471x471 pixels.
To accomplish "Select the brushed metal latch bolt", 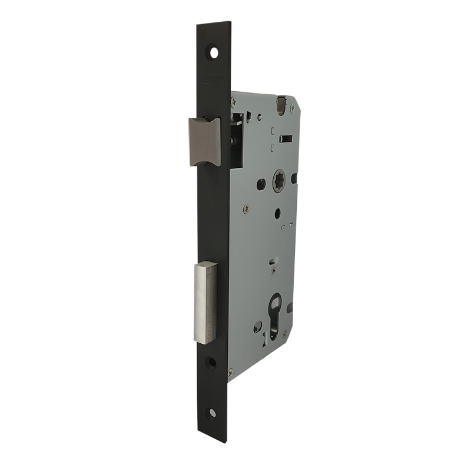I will (x=203, y=141).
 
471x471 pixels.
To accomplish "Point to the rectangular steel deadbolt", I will (x=204, y=302).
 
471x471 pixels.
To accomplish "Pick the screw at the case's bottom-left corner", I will (x=230, y=372).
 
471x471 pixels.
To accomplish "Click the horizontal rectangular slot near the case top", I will (x=286, y=140).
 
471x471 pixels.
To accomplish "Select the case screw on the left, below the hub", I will (x=246, y=207).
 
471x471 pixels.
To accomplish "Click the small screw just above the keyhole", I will (x=274, y=270).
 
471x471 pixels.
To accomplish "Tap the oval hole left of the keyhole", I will (x=257, y=327).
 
